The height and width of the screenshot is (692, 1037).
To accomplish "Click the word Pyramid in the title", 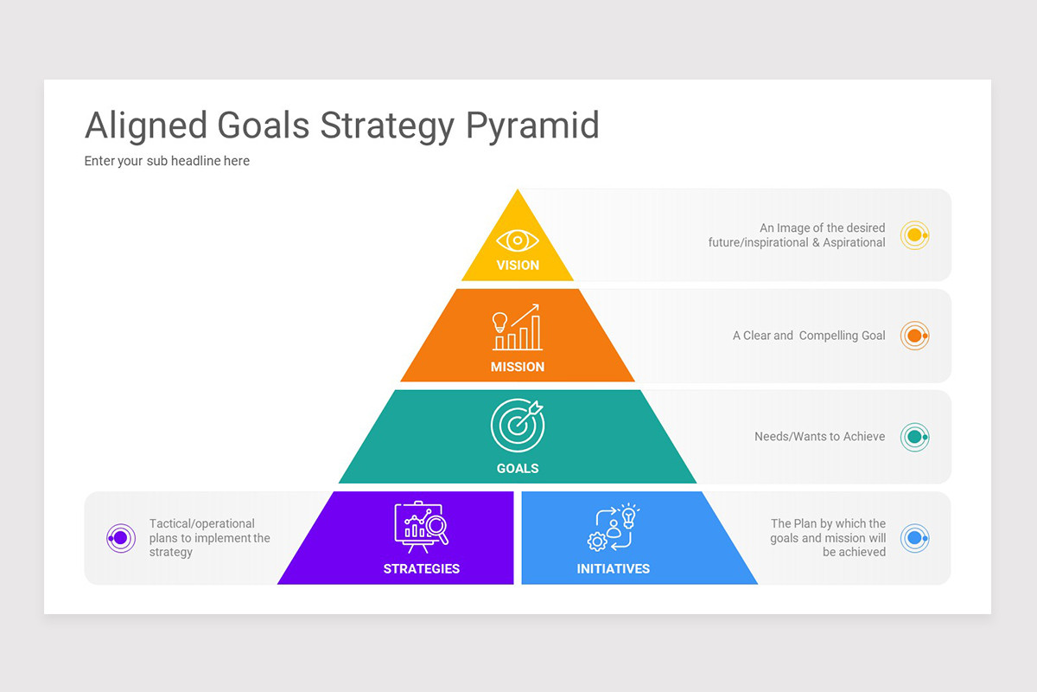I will coord(532,126).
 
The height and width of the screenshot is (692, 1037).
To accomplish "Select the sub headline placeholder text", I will coord(167,161).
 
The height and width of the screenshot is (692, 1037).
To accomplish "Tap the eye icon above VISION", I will coord(517,240).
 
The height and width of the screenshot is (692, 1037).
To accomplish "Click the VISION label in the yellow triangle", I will coord(518,266).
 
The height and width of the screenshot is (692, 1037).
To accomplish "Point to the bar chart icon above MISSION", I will coord(517,327).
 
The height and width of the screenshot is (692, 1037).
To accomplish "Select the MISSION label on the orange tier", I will coord(518,367).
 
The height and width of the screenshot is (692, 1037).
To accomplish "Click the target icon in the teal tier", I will coord(517,425).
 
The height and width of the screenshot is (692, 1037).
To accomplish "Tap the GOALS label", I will coord(518,468).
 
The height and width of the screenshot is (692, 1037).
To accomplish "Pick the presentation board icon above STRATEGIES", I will coord(421,525).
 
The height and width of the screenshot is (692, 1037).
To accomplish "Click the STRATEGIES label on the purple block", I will coord(422,568).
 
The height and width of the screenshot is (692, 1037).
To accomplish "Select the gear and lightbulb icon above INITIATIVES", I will coord(613,527).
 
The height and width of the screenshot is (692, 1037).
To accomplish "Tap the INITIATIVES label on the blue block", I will coord(614,568).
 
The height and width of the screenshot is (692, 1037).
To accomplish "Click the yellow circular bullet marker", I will coord(914,235).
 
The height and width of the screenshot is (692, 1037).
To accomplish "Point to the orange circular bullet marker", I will coord(914,336).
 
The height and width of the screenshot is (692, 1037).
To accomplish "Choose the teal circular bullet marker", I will coord(914,437).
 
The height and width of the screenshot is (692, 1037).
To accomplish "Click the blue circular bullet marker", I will coord(914,538).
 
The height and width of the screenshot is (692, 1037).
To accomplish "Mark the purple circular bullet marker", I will coord(121,538).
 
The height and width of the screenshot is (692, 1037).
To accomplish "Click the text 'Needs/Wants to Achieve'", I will coord(819,437).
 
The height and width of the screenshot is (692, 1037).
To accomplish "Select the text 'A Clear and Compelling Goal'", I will coord(809,336).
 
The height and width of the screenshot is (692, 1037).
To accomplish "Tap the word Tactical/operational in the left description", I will coord(202,523).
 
